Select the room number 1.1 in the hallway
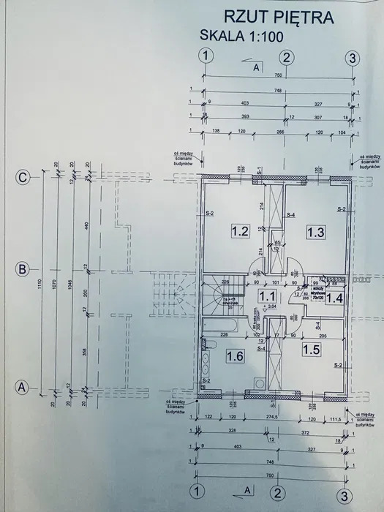click(268, 295)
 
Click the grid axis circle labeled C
click(23, 176)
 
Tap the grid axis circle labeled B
click(23, 269)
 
